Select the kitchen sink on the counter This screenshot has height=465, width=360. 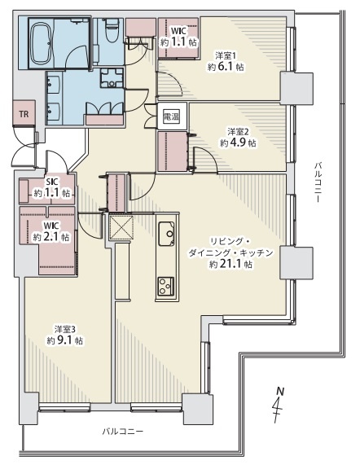click(166, 234)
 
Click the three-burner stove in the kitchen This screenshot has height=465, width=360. click(166, 286)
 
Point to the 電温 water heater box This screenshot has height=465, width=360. click(172, 116)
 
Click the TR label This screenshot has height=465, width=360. click(24, 114)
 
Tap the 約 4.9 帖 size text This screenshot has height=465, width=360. click(238, 143)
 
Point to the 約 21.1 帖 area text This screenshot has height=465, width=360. click(231, 264)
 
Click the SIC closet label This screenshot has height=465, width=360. click(51, 182)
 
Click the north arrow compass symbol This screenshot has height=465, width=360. click(279, 405)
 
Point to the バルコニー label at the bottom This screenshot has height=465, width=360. click(123, 431)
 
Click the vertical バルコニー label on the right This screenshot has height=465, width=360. click(318, 182)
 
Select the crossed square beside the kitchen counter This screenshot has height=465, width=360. click(121, 227)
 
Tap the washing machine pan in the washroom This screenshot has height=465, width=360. click(112, 78)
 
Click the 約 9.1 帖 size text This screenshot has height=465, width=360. click(65, 340)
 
